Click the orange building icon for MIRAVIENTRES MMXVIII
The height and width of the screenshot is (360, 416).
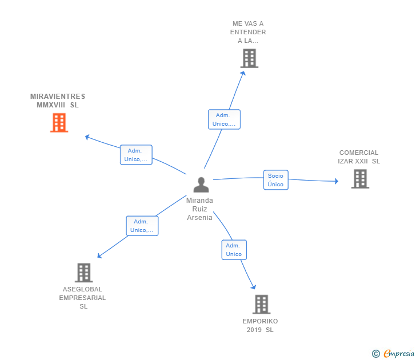pyautogui.click(x=59, y=122)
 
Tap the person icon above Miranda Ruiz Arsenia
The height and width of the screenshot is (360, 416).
pyautogui.click(x=201, y=185)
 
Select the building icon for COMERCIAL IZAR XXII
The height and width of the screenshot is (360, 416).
pyautogui.click(x=360, y=179)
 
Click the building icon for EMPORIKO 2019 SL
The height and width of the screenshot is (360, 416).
pyautogui.click(x=261, y=305)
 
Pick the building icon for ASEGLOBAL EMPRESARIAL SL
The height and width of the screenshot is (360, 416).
pyautogui.click(x=83, y=273)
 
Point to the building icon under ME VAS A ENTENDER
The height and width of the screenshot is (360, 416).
pyautogui.click(x=249, y=58)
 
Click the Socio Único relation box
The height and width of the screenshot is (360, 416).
pyautogui.click(x=275, y=180)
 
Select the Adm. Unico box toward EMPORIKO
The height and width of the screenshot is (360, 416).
pyautogui.click(x=234, y=250)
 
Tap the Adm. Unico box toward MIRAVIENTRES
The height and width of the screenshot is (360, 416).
pyautogui.click(x=136, y=155)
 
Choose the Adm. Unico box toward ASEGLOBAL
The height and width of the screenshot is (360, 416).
pyautogui.click(x=142, y=226)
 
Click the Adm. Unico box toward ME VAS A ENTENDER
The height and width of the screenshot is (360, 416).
pyautogui.click(x=224, y=119)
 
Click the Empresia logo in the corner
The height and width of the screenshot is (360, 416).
pyautogui.click(x=399, y=353)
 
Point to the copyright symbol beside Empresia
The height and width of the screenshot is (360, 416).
pyautogui.click(x=375, y=354)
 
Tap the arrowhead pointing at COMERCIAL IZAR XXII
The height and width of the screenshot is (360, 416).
pyautogui.click(x=337, y=181)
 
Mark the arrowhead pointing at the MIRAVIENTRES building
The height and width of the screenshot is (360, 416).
pyautogui.click(x=87, y=137)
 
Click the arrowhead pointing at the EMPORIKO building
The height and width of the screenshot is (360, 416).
pyautogui.click(x=254, y=286)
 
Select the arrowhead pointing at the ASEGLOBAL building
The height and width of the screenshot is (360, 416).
pyautogui.click(x=99, y=255)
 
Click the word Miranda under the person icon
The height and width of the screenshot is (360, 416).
pyautogui.click(x=199, y=201)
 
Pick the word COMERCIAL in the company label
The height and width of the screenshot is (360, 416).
pyautogui.click(x=359, y=153)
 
